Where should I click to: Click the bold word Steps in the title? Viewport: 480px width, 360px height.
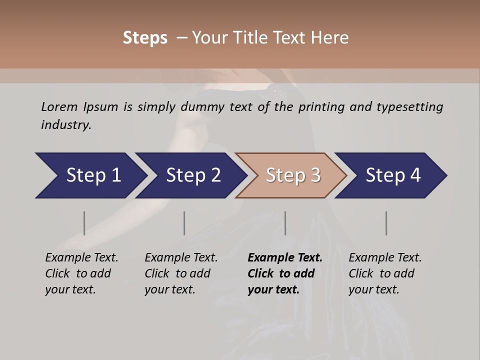point(145,38)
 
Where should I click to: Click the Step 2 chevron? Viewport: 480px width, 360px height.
point(192,175)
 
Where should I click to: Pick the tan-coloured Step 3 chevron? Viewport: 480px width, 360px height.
point(292,175)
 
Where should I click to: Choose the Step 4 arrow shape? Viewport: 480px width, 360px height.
point(392,175)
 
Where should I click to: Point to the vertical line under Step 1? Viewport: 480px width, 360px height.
point(84,223)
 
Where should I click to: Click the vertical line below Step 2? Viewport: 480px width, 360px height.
point(184,223)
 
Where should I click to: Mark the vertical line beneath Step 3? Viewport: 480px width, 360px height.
point(285,223)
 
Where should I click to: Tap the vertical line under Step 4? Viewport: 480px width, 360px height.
point(386,223)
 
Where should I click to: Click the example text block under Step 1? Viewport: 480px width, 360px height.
point(81,273)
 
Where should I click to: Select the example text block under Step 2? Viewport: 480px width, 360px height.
point(181,273)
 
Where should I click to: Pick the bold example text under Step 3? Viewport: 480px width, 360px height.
point(285,273)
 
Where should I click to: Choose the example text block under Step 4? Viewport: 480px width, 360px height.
point(385,273)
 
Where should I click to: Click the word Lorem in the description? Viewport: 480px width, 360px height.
point(59,107)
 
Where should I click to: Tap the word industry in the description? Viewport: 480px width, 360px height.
point(65,125)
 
